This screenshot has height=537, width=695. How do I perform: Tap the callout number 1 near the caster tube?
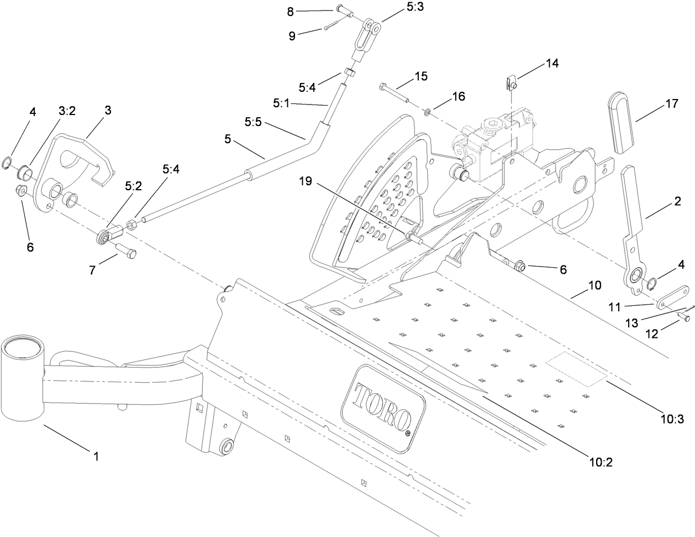tap(96, 457)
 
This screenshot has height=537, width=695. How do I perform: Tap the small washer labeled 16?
tap(428, 113)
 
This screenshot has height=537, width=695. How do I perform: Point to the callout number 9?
tap(293, 37)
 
